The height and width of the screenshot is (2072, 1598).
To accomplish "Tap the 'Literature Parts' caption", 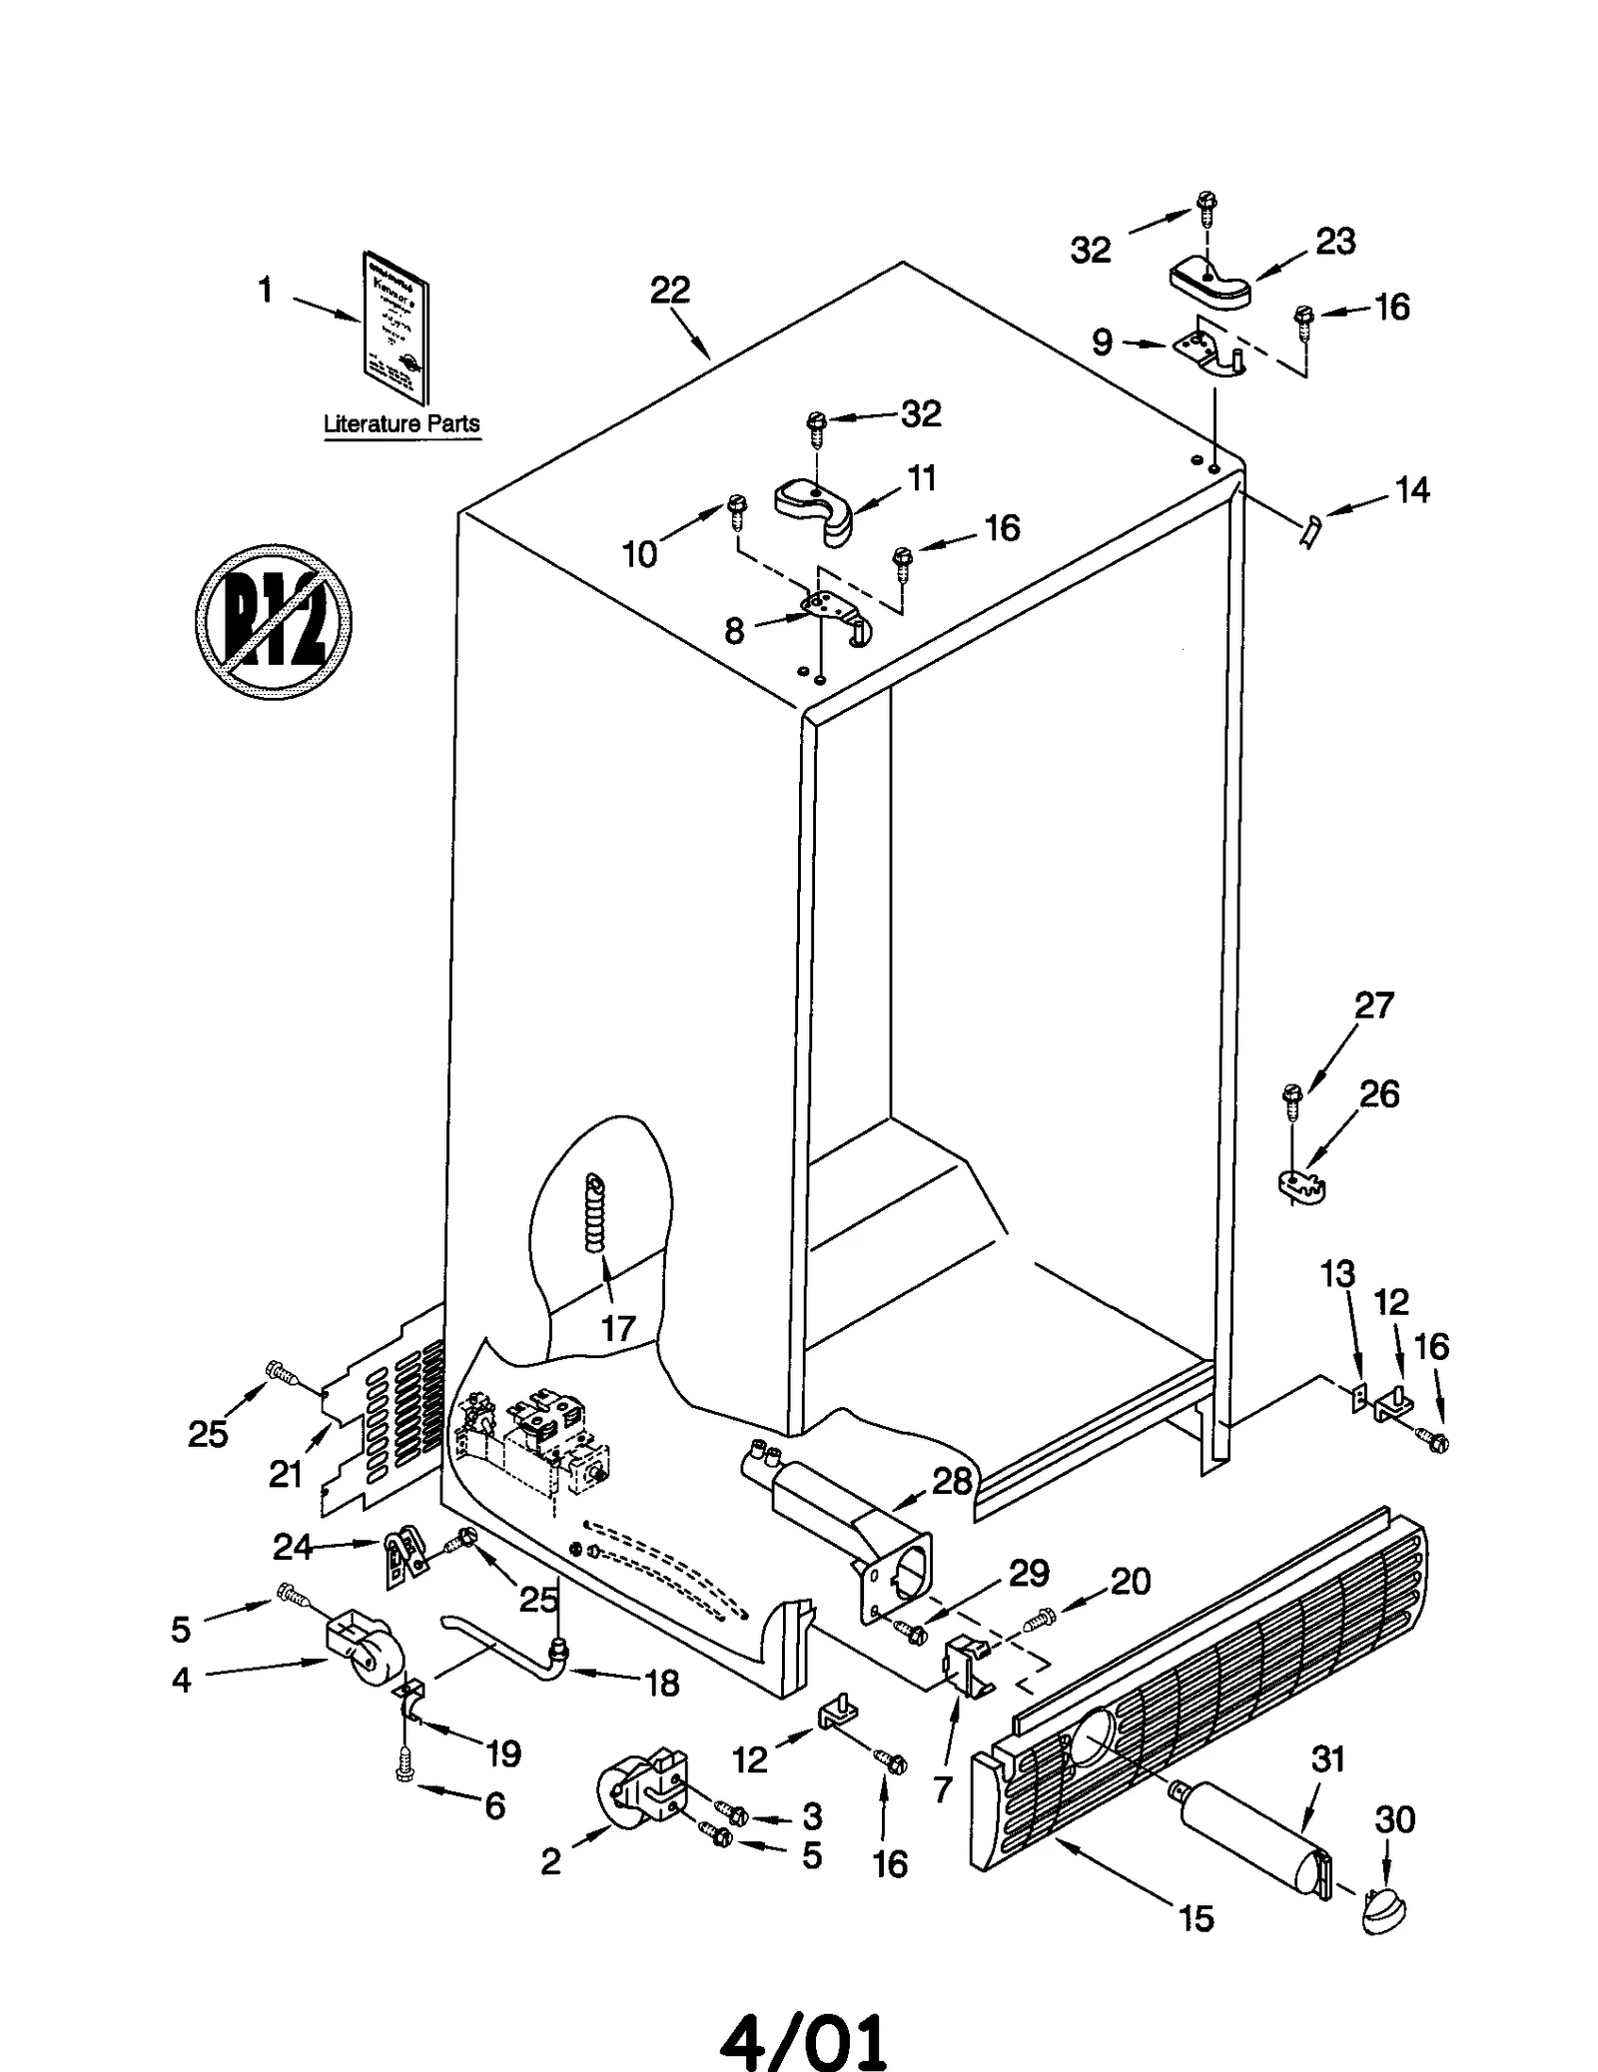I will coord(401,423).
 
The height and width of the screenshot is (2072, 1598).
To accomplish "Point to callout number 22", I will coord(670,291).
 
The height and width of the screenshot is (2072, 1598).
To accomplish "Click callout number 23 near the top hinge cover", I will coord(1335,242).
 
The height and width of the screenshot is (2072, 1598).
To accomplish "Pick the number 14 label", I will coord(1411,490).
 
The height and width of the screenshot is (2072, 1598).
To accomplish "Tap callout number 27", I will coord(1373,1005).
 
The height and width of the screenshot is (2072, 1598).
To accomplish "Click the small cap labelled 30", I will coord(1383,1908).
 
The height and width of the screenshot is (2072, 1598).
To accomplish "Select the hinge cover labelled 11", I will coord(816,506).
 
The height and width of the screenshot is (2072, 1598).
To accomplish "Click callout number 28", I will coord(952,1481).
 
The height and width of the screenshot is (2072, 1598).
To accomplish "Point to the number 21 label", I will coord(286,1474).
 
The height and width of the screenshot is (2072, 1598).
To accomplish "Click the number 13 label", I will coord(1338,1274).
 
